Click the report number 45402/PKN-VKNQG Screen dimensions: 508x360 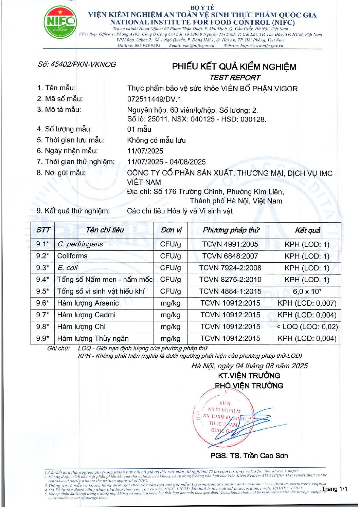click(x=77, y=64)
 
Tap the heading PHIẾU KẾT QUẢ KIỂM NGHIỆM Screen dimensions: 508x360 click(x=234, y=67)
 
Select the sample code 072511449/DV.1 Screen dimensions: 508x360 click(x=154, y=99)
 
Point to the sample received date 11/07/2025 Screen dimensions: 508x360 click(x=145, y=151)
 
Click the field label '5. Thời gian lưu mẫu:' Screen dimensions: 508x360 click(x=71, y=140)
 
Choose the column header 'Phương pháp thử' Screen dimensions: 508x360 click(x=231, y=230)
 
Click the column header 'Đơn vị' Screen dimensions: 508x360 click(x=171, y=230)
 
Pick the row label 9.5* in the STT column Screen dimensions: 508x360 click(x=43, y=291)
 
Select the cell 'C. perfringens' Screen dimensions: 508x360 click(x=80, y=244)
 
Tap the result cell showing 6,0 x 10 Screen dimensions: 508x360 click(x=307, y=291)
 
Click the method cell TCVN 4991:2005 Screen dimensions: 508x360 click(x=230, y=244)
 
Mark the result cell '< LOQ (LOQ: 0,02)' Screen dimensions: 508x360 click(x=307, y=327)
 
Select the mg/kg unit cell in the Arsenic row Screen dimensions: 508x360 click(x=170, y=303)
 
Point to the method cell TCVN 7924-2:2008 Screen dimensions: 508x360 click(x=230, y=268)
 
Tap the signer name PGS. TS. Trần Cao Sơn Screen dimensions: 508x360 click(x=249, y=456)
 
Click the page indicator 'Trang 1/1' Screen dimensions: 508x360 click(x=335, y=489)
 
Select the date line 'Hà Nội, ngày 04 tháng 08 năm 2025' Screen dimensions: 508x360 click(x=249, y=366)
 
